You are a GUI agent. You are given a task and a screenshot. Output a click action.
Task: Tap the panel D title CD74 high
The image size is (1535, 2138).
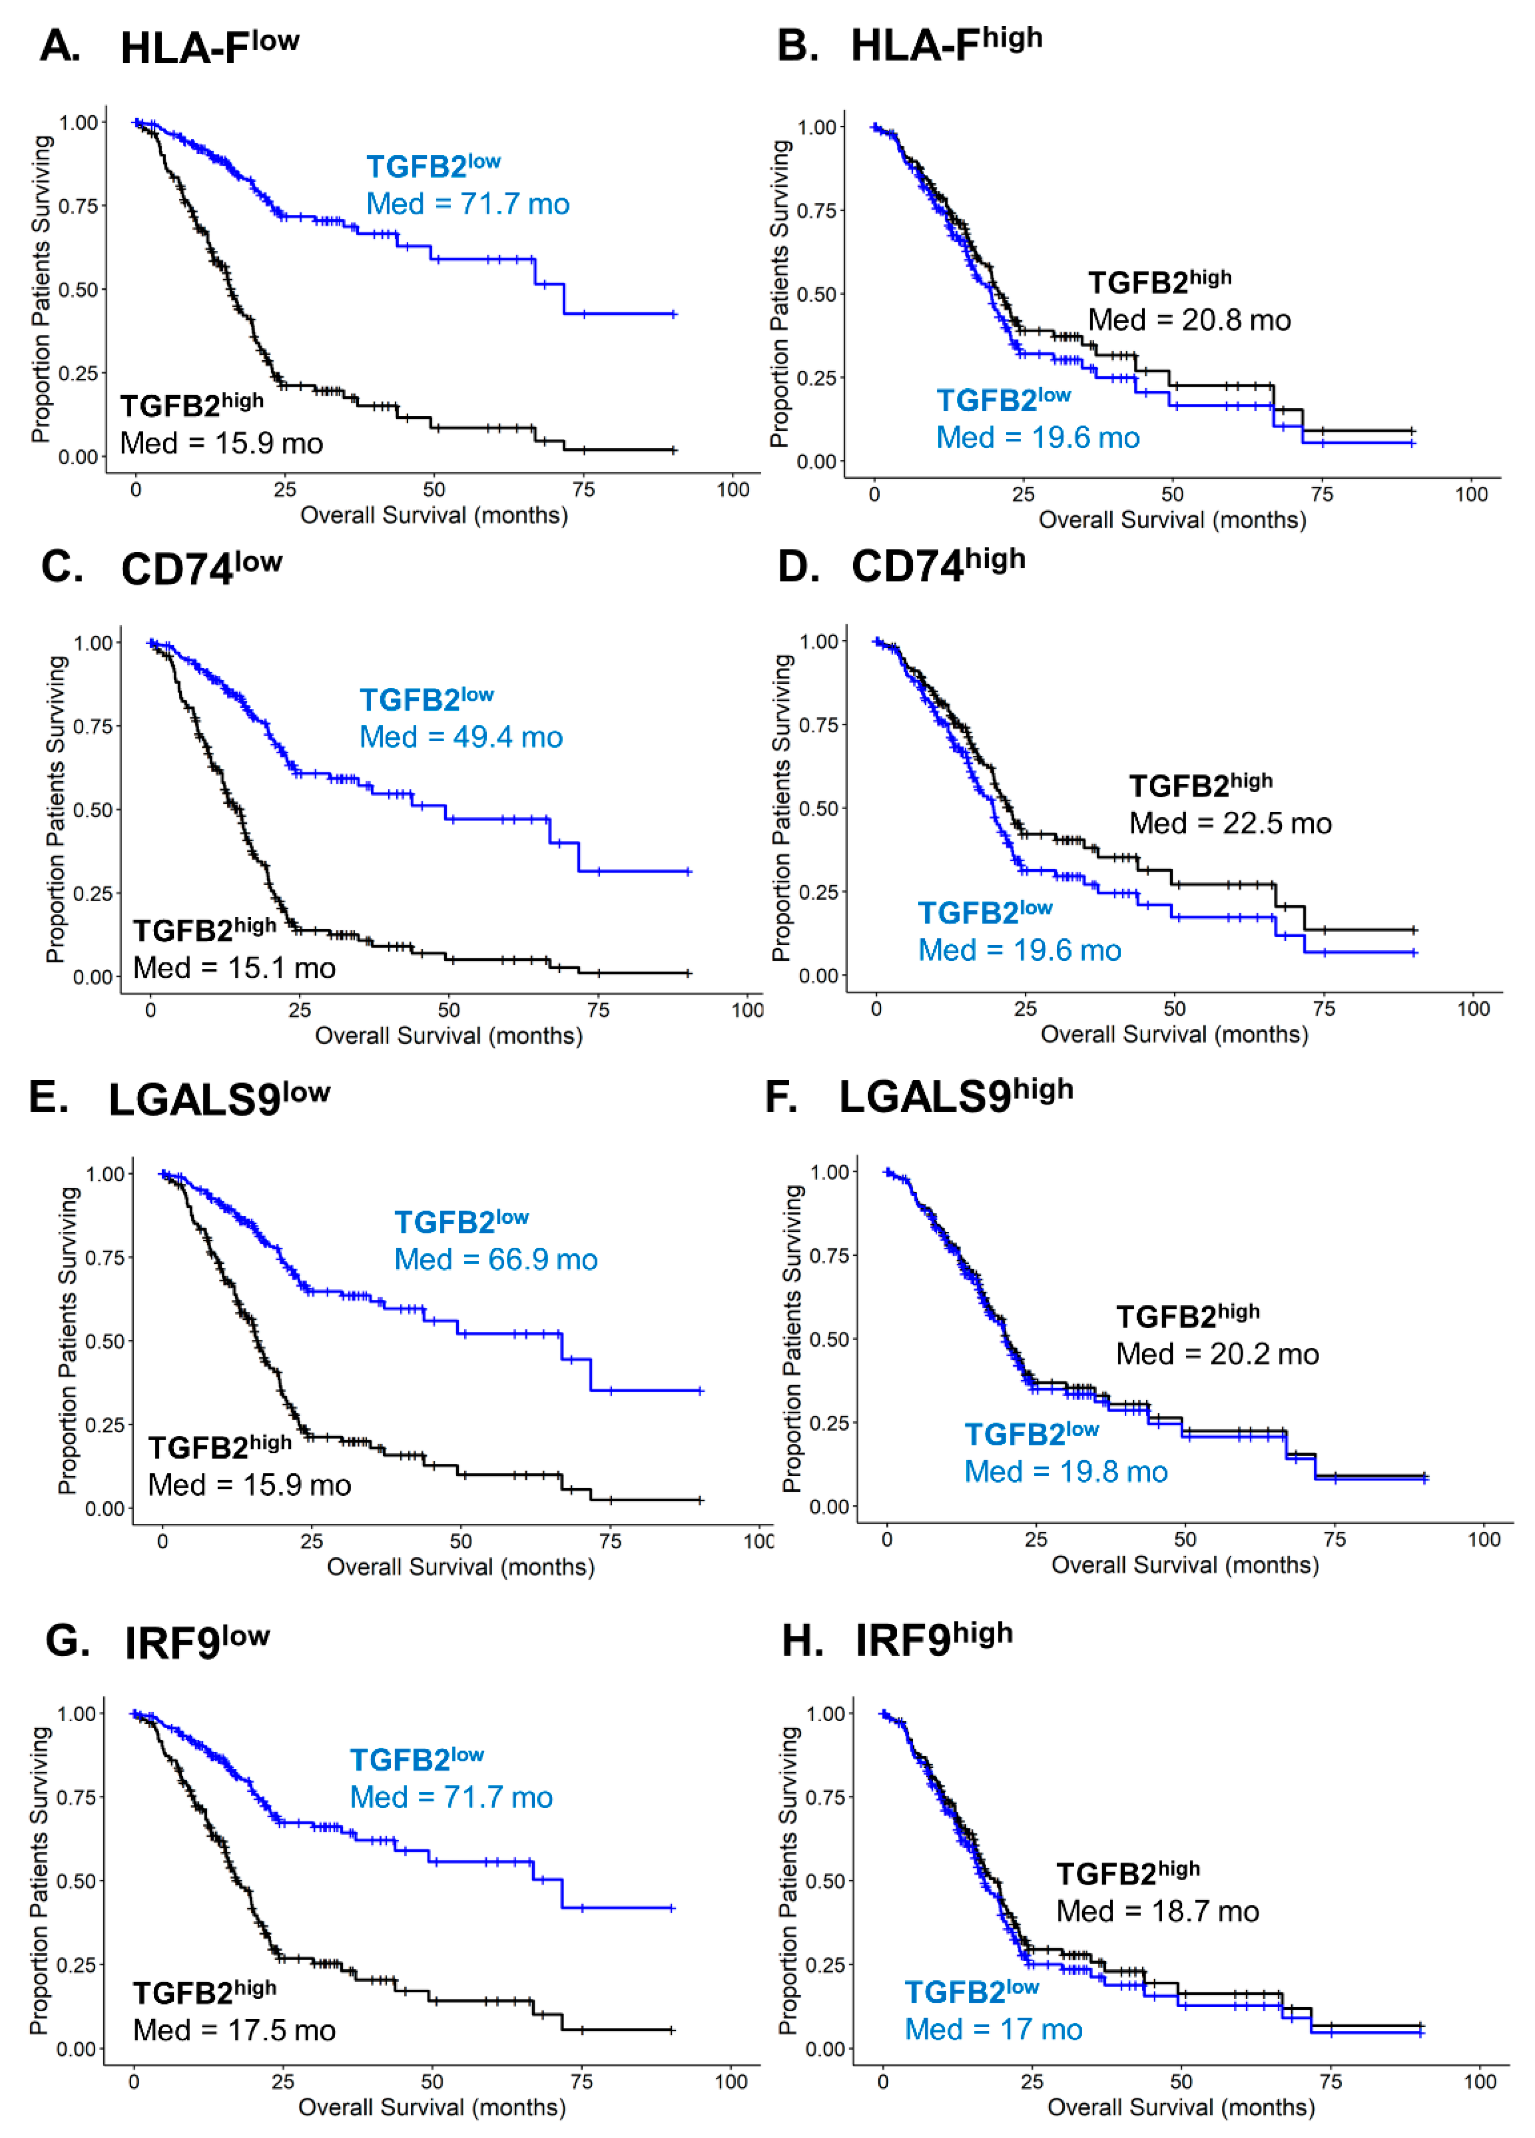pyautogui.click(x=937, y=565)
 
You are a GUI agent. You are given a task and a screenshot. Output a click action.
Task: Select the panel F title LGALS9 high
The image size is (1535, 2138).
pyautogui.click(x=956, y=1096)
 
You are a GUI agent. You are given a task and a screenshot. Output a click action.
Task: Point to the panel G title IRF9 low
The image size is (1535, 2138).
pyautogui.click(x=196, y=1642)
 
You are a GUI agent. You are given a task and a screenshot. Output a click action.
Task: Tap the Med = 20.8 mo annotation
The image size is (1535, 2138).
pyautogui.click(x=1189, y=321)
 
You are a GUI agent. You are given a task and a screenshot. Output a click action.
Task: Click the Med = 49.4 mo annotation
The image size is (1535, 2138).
pyautogui.click(x=461, y=737)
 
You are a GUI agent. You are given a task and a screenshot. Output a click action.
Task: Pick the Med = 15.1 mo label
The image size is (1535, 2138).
pyautogui.click(x=234, y=968)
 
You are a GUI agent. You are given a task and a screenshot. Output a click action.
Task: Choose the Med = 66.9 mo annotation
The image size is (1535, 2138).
pyautogui.click(x=496, y=1260)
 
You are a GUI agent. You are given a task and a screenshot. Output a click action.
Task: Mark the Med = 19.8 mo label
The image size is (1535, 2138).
pyautogui.click(x=1066, y=1471)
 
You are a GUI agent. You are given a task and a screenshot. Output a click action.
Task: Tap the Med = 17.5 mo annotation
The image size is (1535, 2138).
pyautogui.click(x=234, y=2031)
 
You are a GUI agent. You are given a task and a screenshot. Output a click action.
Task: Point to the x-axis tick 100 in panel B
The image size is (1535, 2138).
pyautogui.click(x=1471, y=495)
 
